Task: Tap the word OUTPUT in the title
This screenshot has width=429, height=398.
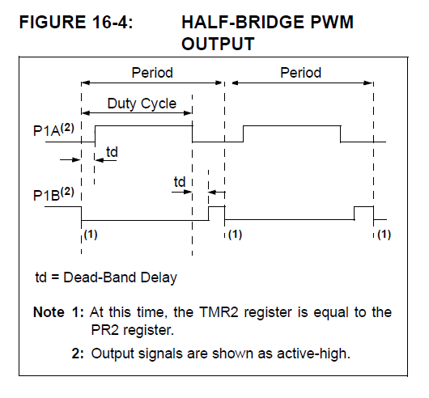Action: click(x=218, y=44)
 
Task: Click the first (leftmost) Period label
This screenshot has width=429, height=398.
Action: click(x=152, y=73)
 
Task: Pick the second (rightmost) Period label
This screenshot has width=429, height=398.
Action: click(x=300, y=73)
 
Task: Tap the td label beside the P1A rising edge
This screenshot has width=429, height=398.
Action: click(x=112, y=151)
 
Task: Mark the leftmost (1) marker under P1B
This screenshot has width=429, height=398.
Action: click(x=90, y=235)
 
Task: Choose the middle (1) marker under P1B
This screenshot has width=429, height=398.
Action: click(x=235, y=235)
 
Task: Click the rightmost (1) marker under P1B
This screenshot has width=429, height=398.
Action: click(x=384, y=235)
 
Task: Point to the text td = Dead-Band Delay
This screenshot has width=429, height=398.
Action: click(x=105, y=277)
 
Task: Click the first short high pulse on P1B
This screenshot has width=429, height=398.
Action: click(x=216, y=212)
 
